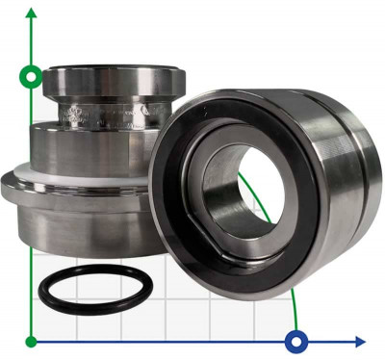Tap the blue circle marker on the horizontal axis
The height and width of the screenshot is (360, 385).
pos(297,340)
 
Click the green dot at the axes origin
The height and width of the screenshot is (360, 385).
pos(33,340)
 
